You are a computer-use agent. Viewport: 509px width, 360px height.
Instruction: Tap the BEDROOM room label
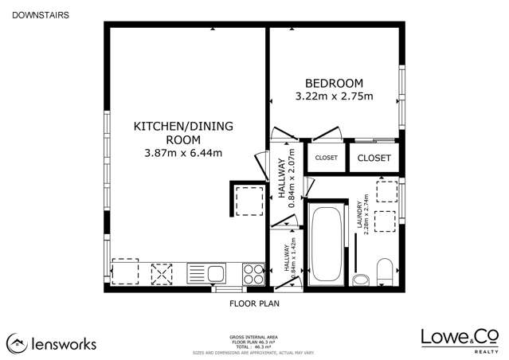pos(335,83)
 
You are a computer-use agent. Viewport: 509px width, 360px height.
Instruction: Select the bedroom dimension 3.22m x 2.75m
pos(335,97)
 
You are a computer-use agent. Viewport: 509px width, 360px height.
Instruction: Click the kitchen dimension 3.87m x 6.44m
pos(183,152)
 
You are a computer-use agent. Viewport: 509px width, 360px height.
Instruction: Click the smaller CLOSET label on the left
pos(326,158)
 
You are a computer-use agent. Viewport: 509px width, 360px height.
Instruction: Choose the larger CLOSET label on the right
pos(374,158)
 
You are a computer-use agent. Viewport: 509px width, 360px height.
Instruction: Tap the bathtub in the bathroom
pos(327,245)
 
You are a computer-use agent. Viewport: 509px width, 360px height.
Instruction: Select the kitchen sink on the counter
pos(208,273)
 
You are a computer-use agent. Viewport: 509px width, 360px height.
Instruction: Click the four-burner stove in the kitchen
pos(253,273)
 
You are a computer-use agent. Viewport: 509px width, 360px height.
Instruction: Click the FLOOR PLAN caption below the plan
pos(254,303)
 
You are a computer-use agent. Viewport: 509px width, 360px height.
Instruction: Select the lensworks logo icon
pos(17,343)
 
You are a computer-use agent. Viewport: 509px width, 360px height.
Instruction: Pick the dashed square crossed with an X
pos(162,272)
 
